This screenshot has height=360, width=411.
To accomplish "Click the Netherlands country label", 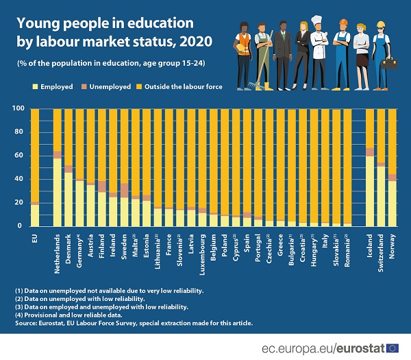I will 58,250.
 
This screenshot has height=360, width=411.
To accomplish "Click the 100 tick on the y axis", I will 16,108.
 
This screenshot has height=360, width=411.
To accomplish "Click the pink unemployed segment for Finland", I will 101,186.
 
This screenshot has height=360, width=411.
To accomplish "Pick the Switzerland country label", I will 382,249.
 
